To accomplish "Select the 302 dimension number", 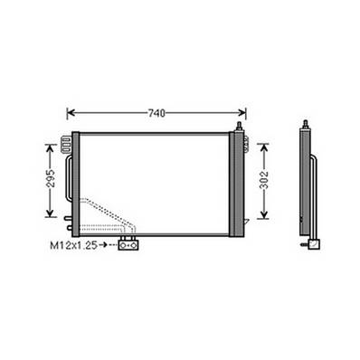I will click(x=264, y=179).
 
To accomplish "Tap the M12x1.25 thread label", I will click(x=73, y=243).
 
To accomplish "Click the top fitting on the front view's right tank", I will click(x=240, y=126).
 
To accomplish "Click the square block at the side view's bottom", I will click(x=312, y=242).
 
